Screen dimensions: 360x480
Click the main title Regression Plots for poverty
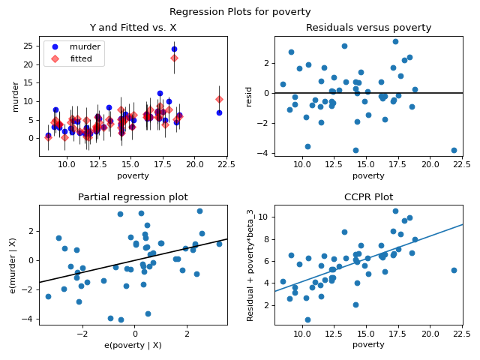click(x=240, y=12)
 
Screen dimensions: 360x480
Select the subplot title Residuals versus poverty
click(x=368, y=28)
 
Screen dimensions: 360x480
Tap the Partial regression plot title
click(x=133, y=197)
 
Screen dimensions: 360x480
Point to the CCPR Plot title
click(x=368, y=197)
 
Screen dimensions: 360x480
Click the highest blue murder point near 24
click(x=174, y=49)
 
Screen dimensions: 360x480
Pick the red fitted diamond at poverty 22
click(x=219, y=99)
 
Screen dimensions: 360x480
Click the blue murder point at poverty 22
click(x=219, y=112)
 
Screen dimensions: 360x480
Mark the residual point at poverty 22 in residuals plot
click(x=454, y=150)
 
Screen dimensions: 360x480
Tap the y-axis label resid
click(x=250, y=96)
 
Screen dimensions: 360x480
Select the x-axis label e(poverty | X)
click(x=133, y=344)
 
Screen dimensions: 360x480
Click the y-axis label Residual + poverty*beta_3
click(x=250, y=265)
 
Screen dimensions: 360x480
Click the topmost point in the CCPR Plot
click(x=395, y=211)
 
